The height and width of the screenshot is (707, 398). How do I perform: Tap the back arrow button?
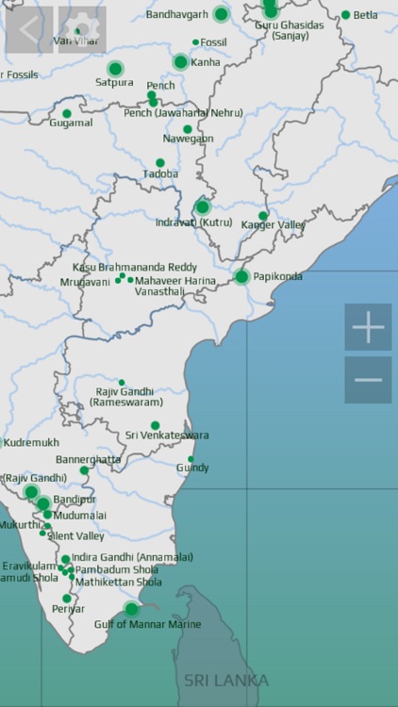coord(29,30)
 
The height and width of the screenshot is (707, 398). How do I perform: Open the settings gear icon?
coord(82,30)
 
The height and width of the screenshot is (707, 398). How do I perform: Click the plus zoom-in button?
coord(368,327)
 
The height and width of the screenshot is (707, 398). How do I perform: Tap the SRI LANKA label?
coord(225,680)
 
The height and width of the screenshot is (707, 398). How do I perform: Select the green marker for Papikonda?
coord(241,276)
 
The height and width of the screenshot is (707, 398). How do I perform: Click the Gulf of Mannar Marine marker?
coord(132,609)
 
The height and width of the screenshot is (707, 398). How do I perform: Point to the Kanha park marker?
coord(180,62)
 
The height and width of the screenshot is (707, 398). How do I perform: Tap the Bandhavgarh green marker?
coord(221,14)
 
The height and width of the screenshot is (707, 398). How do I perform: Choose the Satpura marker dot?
coord(115,69)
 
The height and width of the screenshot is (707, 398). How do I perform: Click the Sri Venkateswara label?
coord(167,436)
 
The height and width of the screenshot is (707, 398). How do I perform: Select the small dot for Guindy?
coord(191,459)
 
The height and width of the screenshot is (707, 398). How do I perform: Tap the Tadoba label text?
coord(160,174)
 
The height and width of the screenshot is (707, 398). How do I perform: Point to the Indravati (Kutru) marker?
coord(202,207)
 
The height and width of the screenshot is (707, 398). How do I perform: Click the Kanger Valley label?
coord(273,225)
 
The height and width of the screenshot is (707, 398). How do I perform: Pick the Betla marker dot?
coord(345,15)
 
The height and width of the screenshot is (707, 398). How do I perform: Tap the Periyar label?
coord(68,609)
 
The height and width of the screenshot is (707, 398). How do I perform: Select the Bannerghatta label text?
coord(89,459)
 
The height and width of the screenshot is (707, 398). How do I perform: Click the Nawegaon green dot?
coord(188,129)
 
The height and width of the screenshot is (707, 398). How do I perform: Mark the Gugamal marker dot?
coord(66,114)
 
